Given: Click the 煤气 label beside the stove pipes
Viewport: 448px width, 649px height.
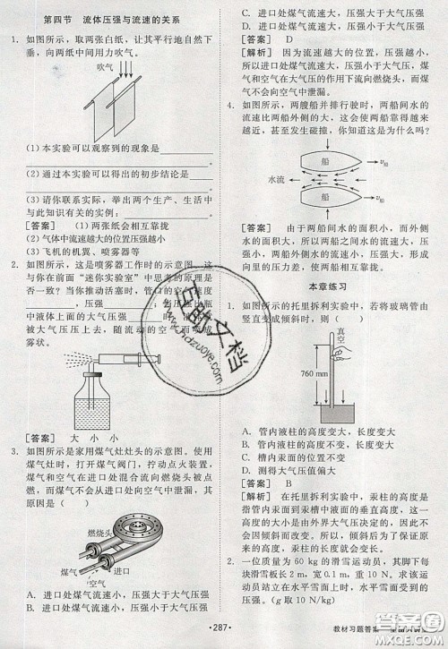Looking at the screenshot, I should [x=67, y=569].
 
